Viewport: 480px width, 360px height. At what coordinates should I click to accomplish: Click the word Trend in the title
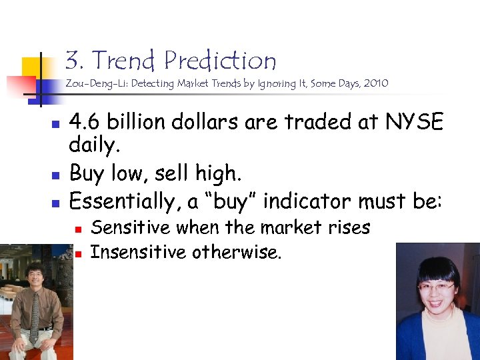coord(125,61)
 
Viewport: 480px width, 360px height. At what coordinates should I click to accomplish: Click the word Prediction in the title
coord(220,61)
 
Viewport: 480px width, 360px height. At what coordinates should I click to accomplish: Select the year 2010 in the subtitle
coord(375,84)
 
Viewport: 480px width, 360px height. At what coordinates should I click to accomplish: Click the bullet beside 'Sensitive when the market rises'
coord(78,229)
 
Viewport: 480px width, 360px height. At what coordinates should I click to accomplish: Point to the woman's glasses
coord(437,287)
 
